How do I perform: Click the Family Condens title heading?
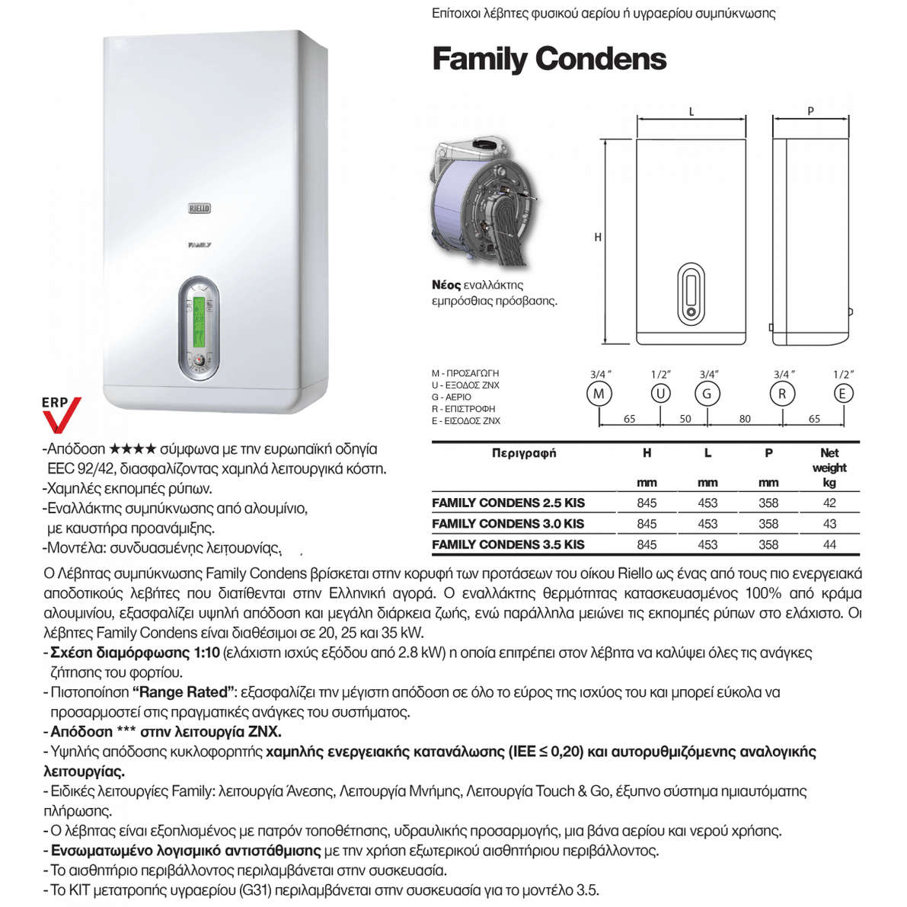pyautogui.click(x=549, y=59)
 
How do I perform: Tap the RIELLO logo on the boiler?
pyautogui.click(x=200, y=208)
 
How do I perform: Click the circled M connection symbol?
pyautogui.click(x=599, y=394)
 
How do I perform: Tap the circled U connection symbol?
pyautogui.click(x=660, y=394)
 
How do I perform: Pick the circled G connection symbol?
pyautogui.click(x=707, y=394)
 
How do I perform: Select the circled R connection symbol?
pyautogui.click(x=782, y=394)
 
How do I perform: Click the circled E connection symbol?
pyautogui.click(x=843, y=394)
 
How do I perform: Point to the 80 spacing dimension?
pyautogui.click(x=745, y=419)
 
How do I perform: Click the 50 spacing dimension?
pyautogui.click(x=685, y=419)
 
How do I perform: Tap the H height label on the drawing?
pyautogui.click(x=598, y=238)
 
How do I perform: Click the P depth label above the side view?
pyautogui.click(x=810, y=111)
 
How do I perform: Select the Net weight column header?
pyautogui.click(x=829, y=460)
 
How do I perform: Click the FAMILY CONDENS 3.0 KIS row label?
pyautogui.click(x=508, y=524)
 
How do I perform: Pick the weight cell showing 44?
pyautogui.click(x=829, y=545)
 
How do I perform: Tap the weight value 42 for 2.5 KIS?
pyautogui.click(x=829, y=503)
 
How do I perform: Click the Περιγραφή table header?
pyautogui.click(x=524, y=453)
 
